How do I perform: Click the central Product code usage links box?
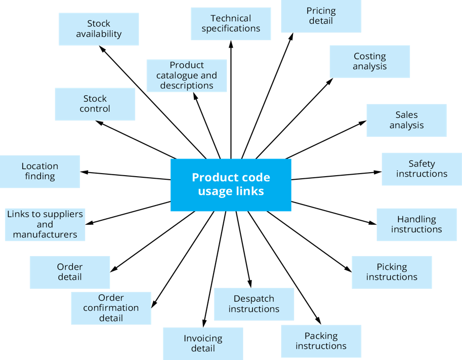click(x=231, y=184)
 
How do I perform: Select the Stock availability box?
click(x=99, y=29)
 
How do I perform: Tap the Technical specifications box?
click(x=231, y=23)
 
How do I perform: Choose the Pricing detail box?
click(x=321, y=16)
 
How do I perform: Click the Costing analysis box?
click(x=369, y=61)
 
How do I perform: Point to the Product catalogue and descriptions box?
click(x=186, y=75)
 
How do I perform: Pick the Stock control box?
click(x=95, y=104)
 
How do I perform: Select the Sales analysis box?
click(x=406, y=120)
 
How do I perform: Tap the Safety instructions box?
click(x=422, y=169)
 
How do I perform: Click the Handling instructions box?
click(x=416, y=224)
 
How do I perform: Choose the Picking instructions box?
click(x=392, y=272)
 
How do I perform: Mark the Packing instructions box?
click(x=321, y=341)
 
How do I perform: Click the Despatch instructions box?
click(x=254, y=304)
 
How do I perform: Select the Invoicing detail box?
click(x=203, y=343)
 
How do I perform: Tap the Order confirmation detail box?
click(x=111, y=308)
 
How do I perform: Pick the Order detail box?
click(x=69, y=272)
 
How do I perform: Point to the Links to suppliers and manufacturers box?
click(x=45, y=224)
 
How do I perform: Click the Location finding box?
click(x=39, y=171)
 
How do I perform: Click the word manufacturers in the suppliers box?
click(x=45, y=234)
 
